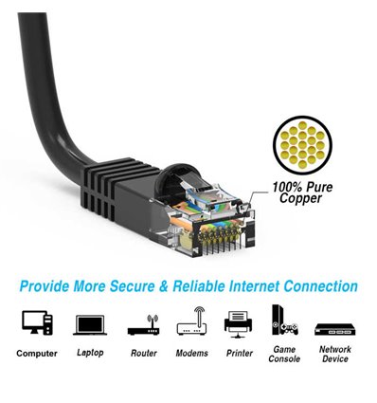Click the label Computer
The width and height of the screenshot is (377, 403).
(x=38, y=354)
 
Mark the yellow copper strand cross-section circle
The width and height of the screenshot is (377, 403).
(x=303, y=142)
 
